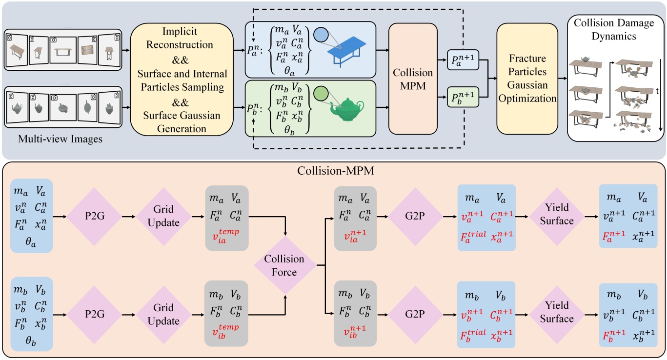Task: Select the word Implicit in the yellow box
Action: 180,31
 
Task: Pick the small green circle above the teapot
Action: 320,92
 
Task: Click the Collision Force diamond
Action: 284,265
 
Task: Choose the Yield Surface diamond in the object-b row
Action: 557,312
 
